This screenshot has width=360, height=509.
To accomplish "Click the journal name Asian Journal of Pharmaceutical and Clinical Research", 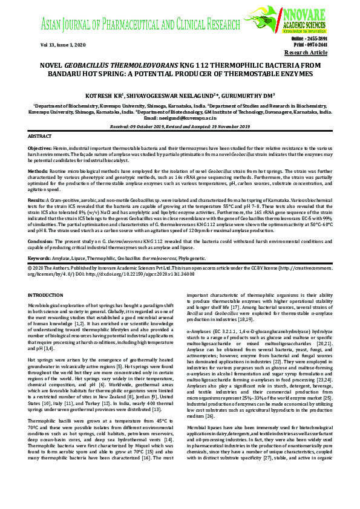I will coord(140,25).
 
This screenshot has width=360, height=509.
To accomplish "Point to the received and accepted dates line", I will coord(180,126).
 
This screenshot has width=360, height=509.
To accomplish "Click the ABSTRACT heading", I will coord(40,137).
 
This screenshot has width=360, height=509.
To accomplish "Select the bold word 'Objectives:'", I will coord(41,148).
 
